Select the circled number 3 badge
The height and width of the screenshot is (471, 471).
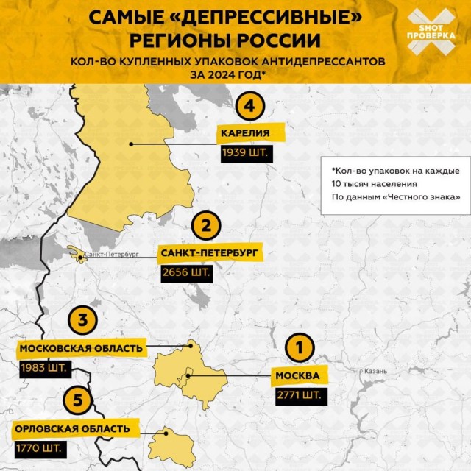click(x=84, y=321)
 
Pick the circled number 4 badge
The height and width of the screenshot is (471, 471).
click(x=249, y=107)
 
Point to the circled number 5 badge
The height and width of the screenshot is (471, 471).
click(x=77, y=400)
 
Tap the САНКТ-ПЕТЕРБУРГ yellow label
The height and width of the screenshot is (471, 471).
click(x=208, y=254)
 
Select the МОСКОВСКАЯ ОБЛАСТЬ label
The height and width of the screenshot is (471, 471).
click(x=82, y=348)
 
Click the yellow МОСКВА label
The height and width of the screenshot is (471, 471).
click(x=297, y=377)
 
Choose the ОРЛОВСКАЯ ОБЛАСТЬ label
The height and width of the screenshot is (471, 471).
click(x=72, y=428)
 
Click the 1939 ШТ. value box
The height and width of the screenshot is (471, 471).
click(x=245, y=154)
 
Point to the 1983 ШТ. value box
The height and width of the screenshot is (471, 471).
click(x=43, y=367)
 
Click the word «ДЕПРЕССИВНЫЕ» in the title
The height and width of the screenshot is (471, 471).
click(x=244, y=16)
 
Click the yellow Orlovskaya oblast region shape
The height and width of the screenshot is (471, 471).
click(x=173, y=444)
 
